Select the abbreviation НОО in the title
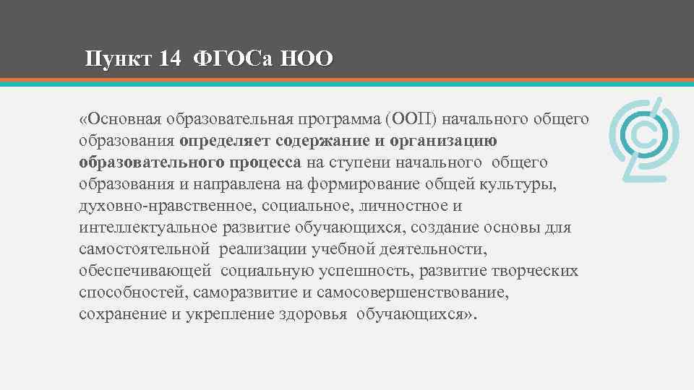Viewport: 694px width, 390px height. pos(307,58)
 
